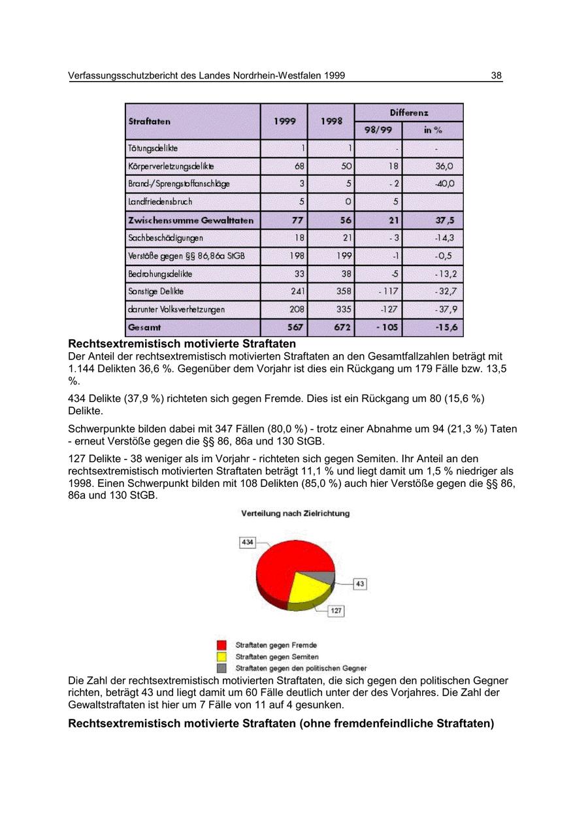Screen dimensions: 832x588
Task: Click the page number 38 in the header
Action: tap(497, 76)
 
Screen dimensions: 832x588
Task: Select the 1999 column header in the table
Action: tap(285, 122)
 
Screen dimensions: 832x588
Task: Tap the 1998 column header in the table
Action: tap(331, 122)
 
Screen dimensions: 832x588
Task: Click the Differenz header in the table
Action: tap(409, 112)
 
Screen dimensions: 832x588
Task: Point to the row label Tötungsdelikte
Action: tap(153, 148)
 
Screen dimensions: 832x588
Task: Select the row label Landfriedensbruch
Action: tap(160, 202)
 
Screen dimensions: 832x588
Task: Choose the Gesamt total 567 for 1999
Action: tap(295, 327)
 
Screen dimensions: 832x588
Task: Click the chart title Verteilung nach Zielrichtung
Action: tap(295, 514)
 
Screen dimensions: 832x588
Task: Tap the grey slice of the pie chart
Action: tap(323, 577)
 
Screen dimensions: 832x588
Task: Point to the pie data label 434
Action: tap(248, 542)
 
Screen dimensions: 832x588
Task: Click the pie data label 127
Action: tap(336, 610)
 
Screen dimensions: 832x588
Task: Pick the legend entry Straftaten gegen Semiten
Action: tap(277, 656)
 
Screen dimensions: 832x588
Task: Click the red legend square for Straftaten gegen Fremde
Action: tap(222, 645)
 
